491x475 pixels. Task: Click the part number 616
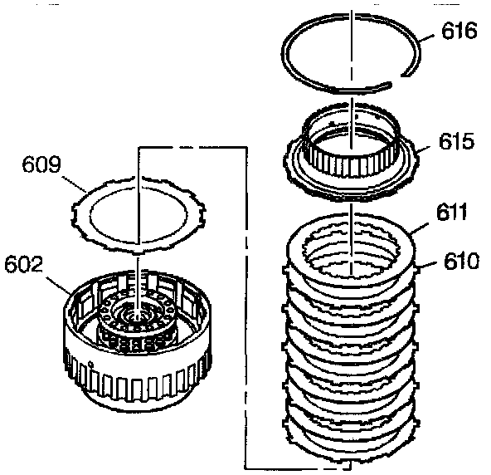tap(459, 31)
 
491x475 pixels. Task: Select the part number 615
tap(456, 141)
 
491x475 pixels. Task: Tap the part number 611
tap(451, 212)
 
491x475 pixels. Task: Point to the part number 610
tap(461, 261)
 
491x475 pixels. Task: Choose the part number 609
tap(41, 164)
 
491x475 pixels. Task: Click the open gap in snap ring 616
tap(396, 80)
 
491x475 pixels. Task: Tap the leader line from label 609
tap(74, 184)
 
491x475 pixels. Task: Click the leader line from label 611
tap(419, 229)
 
